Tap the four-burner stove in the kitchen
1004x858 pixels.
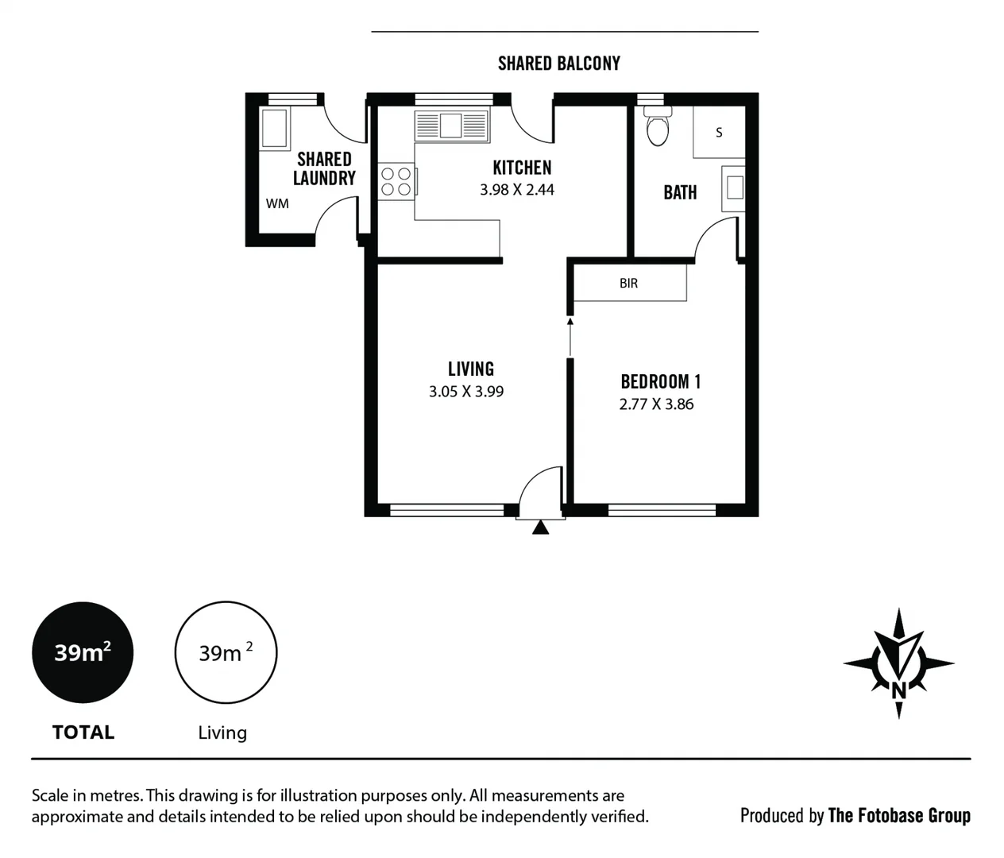point(396,181)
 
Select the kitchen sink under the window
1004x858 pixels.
point(451,126)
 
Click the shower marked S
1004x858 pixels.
point(719,132)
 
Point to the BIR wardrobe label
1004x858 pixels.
point(628,284)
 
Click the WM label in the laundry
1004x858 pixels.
point(277,203)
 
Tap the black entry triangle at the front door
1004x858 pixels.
point(540,527)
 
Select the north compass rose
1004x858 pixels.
point(898,664)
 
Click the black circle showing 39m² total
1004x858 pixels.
point(83,652)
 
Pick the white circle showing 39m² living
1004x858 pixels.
point(226,652)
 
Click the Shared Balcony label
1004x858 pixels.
point(558,64)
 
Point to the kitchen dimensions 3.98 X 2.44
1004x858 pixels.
point(517,190)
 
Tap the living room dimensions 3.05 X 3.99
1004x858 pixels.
point(466,392)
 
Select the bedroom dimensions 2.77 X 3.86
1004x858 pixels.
point(656,404)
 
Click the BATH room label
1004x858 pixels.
point(680,192)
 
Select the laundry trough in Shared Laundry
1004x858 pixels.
point(274,128)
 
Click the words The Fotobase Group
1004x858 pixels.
point(898,816)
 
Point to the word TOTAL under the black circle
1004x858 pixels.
point(83,732)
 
